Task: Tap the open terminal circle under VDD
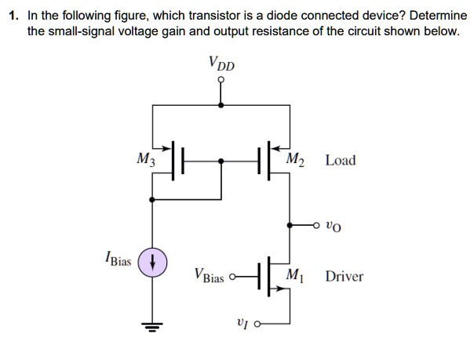tap(221, 79)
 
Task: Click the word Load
tap(340, 161)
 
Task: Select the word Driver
tap(345, 276)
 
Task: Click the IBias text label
tap(118, 257)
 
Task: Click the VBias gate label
tap(210, 277)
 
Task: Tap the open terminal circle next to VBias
tap(232, 276)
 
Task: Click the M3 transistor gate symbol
tap(177, 161)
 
